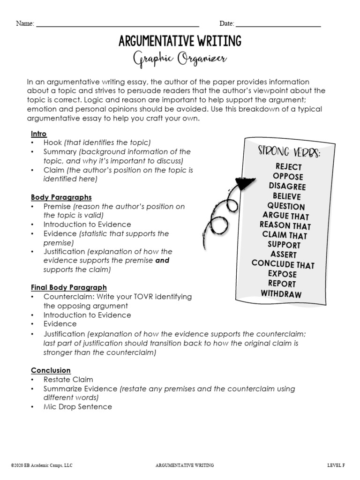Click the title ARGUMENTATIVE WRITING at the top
coord(180,41)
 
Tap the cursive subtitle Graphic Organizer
coord(180,60)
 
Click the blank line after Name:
coord(117,25)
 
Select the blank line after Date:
coord(278,25)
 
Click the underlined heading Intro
coord(39,134)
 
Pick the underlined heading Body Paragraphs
coord(61,197)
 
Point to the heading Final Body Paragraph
coord(68,287)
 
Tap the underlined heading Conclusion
coord(51,370)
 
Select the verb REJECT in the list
coord(288,167)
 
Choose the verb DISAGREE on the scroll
coord(287,187)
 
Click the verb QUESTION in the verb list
coord(286,206)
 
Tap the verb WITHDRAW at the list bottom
coord(281,294)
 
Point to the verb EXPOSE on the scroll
coord(282,274)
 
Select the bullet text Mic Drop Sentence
coord(78,407)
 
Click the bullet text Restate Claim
coord(68,380)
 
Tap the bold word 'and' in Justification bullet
coord(162,261)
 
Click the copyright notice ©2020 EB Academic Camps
coord(42,465)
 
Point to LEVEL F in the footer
coord(336,465)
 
